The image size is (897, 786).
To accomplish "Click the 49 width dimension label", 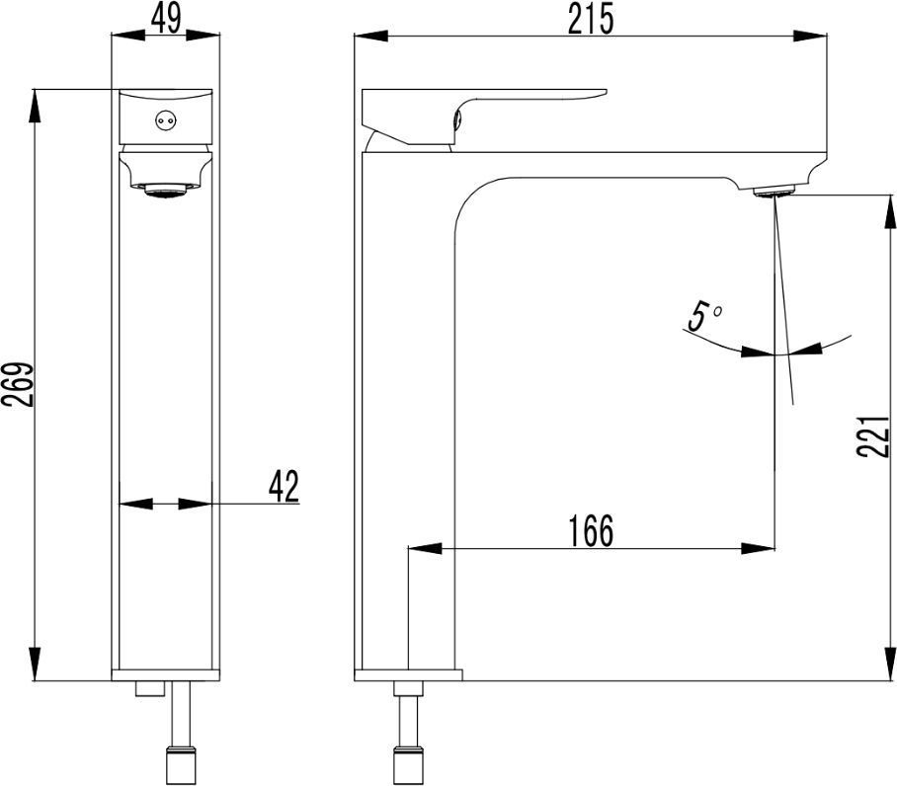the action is pos(167,19).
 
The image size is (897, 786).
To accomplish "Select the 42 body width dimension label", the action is pos(284,486).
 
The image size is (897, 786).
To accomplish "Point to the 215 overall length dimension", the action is pos(591,19).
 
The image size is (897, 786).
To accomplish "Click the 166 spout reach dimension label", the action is pos(591,530).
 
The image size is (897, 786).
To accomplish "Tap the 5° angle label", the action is pos(703,317).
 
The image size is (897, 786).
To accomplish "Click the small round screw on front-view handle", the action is pos(166,120).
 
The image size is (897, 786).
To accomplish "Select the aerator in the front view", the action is pos(167,191).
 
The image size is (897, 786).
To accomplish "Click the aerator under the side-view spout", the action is pos(774,192).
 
